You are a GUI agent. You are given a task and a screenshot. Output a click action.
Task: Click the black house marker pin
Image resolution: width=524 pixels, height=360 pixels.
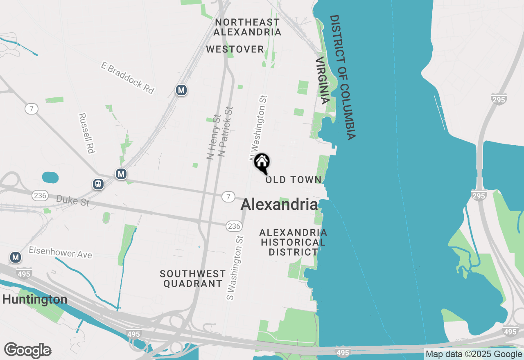click(x=262, y=162)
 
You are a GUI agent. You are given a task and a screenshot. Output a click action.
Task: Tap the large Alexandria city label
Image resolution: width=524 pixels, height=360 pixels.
click(x=279, y=205)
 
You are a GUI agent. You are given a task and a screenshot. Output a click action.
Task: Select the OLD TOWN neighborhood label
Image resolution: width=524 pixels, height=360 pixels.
click(x=294, y=180)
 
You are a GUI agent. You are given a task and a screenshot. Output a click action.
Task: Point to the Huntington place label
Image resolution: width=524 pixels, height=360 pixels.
click(x=35, y=299)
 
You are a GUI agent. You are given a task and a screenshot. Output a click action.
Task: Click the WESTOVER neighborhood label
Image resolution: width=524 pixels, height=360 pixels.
click(x=235, y=49)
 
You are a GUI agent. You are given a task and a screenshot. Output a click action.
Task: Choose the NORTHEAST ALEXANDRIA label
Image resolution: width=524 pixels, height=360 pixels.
click(x=247, y=27)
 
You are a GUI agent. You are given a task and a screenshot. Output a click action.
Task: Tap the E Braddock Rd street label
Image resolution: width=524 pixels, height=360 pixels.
click(x=127, y=78)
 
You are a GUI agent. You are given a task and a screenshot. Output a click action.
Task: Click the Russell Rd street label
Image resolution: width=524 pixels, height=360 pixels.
click(x=86, y=133)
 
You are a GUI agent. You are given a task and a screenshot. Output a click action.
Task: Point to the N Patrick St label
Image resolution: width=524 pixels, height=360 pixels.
click(x=226, y=131)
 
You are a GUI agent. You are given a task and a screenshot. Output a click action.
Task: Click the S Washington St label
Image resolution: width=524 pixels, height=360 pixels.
click(x=235, y=268)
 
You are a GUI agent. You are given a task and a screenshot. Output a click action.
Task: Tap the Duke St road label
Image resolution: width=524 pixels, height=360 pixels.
click(x=72, y=200)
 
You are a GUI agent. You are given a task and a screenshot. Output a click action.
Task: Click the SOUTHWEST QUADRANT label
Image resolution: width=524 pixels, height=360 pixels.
click(x=193, y=279)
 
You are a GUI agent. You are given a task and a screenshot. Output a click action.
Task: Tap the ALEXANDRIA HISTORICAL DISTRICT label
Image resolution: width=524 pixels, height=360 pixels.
click(x=293, y=242)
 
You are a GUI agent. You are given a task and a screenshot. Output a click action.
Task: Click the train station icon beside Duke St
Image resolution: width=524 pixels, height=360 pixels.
click(x=98, y=184)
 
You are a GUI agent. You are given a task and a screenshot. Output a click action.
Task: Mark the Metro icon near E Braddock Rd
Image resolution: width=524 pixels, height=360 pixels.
click(x=181, y=90)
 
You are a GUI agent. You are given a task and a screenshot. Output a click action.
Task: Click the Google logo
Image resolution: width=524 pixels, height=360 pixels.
click(x=27, y=351)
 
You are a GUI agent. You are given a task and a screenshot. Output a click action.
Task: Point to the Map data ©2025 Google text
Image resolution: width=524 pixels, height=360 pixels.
click(x=474, y=354)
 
